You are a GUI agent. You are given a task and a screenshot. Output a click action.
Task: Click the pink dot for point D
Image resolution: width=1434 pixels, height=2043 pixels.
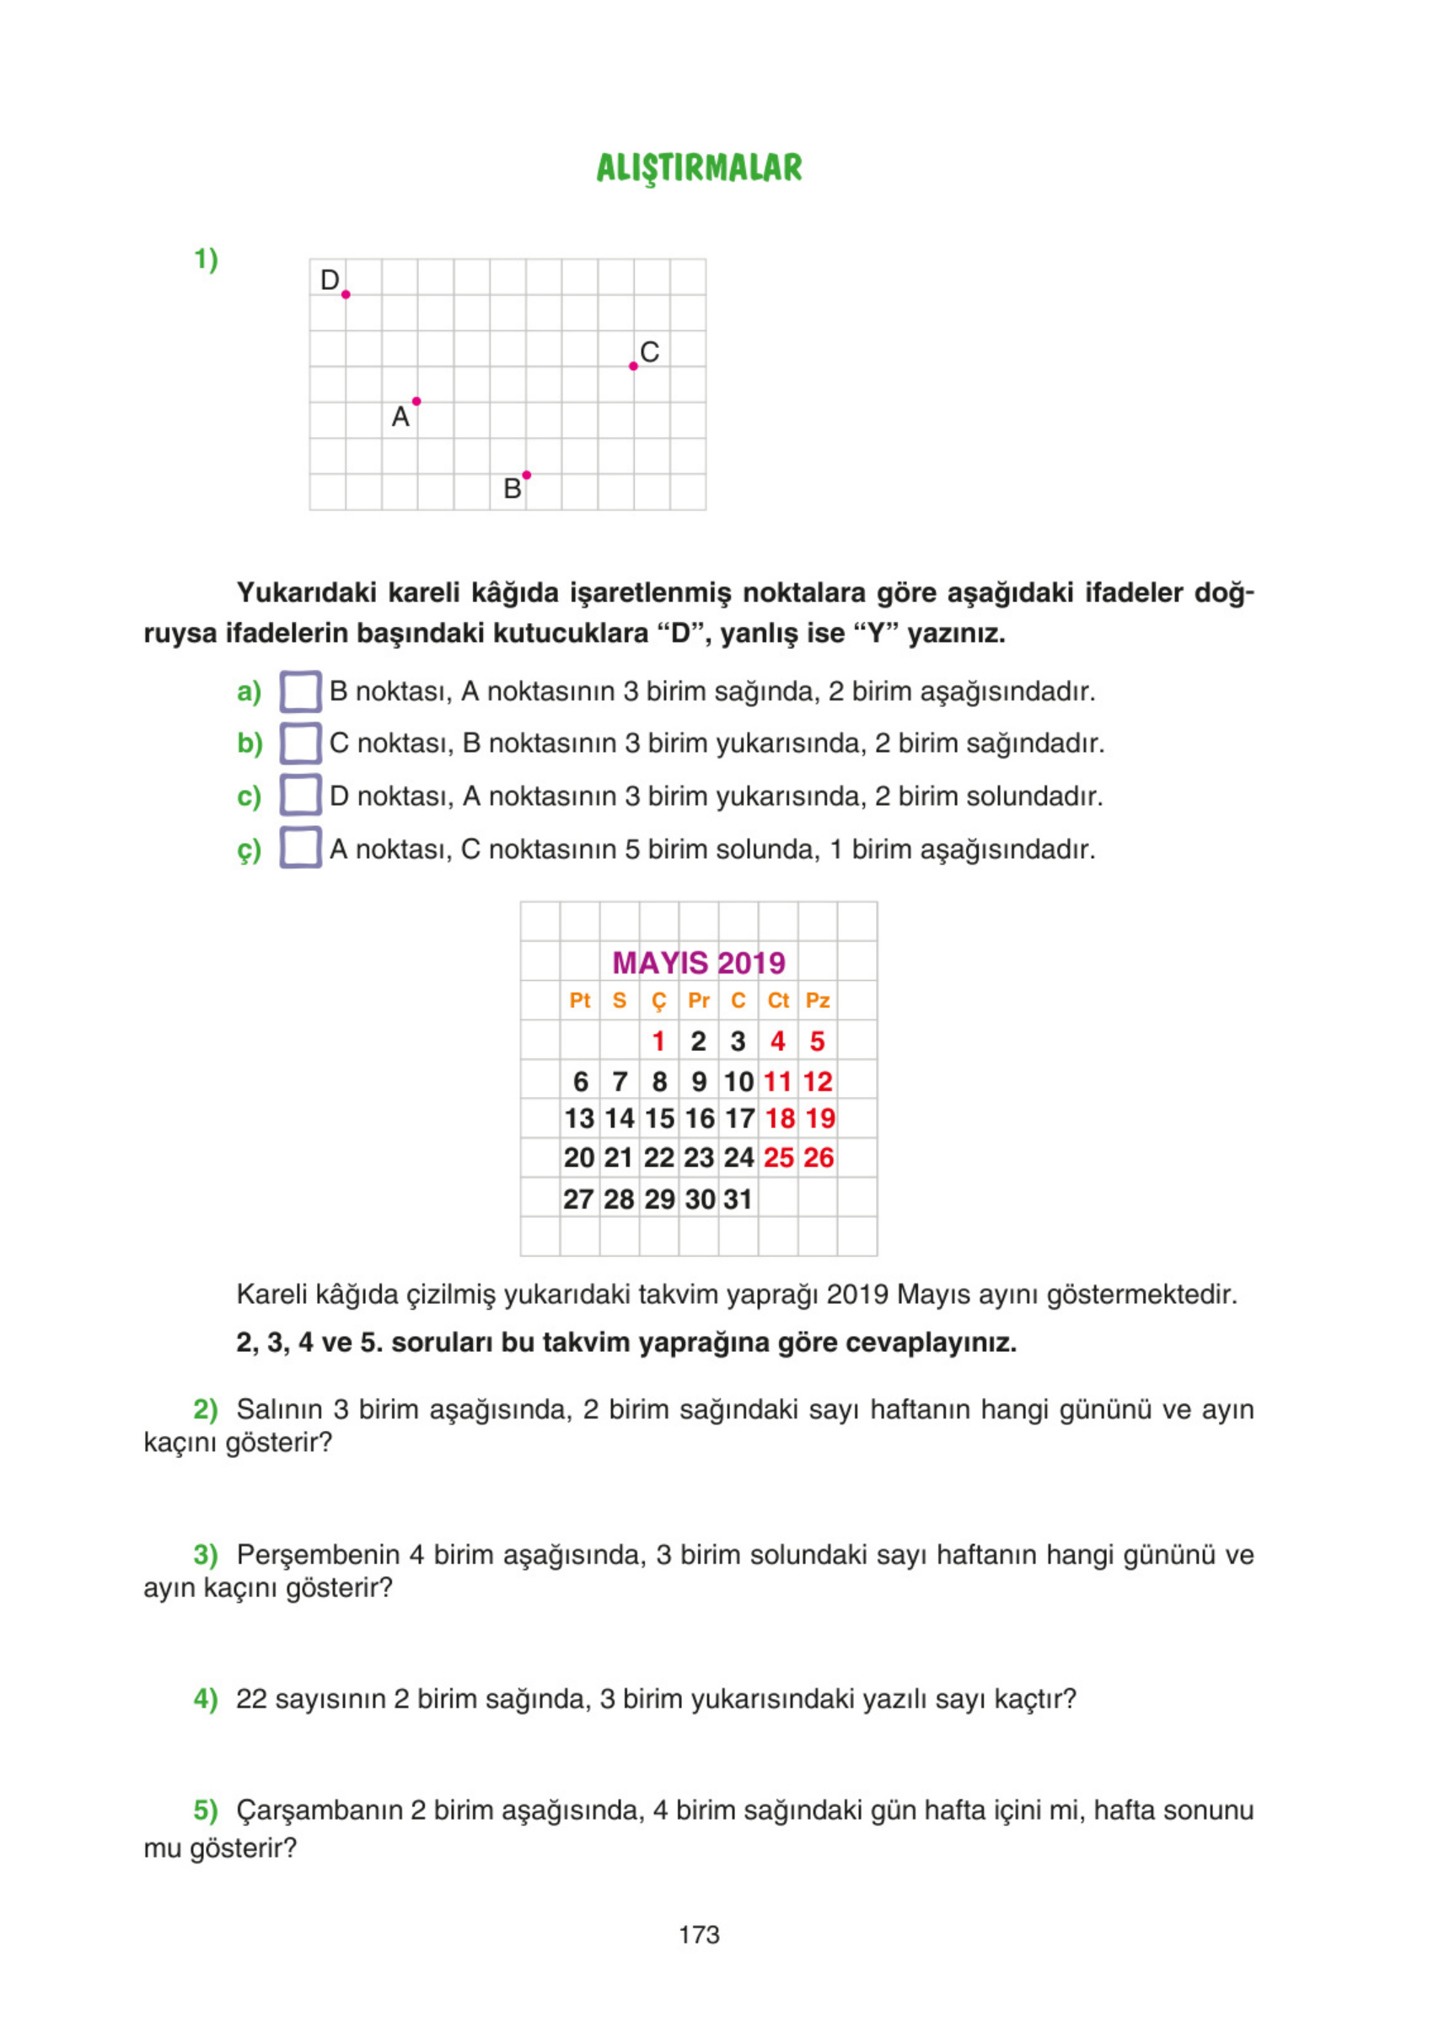click(x=346, y=294)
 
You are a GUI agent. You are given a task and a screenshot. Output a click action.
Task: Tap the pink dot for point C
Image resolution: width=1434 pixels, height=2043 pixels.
click(x=633, y=367)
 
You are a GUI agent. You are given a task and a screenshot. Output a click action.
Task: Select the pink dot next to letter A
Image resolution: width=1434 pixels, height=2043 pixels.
click(x=416, y=401)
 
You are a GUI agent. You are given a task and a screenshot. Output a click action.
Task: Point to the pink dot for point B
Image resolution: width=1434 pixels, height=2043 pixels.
click(x=526, y=475)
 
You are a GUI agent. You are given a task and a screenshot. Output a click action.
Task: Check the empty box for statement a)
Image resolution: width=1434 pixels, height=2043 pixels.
click(x=300, y=691)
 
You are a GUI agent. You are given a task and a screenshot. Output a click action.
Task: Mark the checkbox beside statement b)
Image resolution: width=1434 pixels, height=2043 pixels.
click(x=300, y=743)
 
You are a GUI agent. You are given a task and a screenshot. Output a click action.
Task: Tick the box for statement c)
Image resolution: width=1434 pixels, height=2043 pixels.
click(x=300, y=796)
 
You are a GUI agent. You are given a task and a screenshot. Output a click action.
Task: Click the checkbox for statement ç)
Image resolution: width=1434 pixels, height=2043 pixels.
click(x=300, y=848)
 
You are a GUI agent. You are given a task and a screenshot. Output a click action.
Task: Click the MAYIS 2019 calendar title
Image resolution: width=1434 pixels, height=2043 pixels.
click(x=699, y=963)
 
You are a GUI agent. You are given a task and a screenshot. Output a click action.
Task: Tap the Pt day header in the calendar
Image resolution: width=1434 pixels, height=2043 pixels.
click(x=579, y=1001)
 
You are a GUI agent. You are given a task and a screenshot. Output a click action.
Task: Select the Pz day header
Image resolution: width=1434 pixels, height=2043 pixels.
click(x=817, y=1001)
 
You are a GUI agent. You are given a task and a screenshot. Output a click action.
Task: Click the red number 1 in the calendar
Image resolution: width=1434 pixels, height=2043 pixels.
click(x=658, y=1041)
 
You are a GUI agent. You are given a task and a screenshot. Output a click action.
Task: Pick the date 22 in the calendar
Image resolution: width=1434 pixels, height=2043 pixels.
click(x=658, y=1158)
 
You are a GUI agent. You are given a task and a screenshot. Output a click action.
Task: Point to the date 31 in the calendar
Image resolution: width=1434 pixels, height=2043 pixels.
click(x=738, y=1199)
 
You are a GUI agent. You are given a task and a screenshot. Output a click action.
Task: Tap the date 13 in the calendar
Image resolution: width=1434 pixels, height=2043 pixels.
click(x=579, y=1118)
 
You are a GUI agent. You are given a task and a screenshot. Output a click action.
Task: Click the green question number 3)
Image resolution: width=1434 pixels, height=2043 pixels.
click(x=206, y=1554)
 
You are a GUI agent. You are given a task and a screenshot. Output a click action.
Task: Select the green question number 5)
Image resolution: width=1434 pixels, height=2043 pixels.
click(x=206, y=1810)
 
